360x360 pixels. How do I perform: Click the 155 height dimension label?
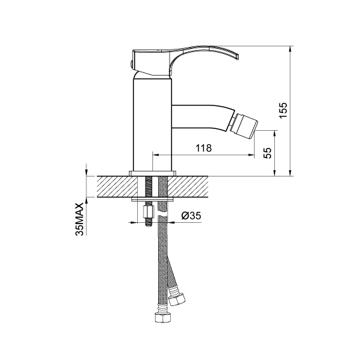283,110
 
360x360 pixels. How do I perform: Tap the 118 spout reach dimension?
203,148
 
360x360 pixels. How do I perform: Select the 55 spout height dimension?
267,153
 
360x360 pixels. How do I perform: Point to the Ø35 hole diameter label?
191,216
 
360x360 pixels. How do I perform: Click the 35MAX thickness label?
79,219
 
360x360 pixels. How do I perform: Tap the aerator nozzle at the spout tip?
243,125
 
